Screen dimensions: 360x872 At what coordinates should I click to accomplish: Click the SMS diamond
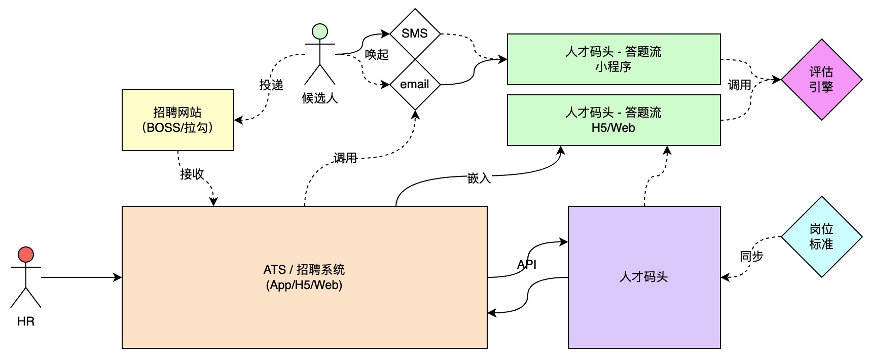[415, 33]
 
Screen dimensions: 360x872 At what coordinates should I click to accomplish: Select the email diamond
[415, 84]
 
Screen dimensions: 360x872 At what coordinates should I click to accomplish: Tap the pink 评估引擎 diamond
[821, 80]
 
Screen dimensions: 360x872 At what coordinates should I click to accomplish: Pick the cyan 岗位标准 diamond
[821, 237]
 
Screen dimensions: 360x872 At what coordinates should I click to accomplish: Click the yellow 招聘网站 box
[178, 120]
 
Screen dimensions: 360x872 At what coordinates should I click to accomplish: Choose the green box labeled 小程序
[613, 59]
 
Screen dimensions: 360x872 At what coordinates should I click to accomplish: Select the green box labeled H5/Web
[613, 120]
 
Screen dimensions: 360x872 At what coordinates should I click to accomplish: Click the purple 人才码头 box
[644, 277]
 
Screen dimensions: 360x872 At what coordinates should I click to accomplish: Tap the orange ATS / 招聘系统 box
[304, 277]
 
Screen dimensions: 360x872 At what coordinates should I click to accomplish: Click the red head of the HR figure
[26, 255]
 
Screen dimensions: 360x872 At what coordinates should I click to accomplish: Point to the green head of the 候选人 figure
[320, 31]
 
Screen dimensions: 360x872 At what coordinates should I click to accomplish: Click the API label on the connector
[527, 264]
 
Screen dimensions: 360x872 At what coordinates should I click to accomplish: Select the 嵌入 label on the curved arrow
[479, 178]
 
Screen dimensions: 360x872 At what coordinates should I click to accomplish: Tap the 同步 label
[751, 256]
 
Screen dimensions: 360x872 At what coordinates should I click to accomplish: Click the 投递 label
[271, 85]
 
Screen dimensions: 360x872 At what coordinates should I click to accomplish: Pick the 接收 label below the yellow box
[192, 174]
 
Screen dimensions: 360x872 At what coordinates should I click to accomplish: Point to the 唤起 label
[377, 54]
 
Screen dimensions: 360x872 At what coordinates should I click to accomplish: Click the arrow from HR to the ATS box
[81, 277]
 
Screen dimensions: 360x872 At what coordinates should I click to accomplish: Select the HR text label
[26, 321]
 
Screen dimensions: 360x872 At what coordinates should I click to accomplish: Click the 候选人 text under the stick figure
[320, 98]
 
